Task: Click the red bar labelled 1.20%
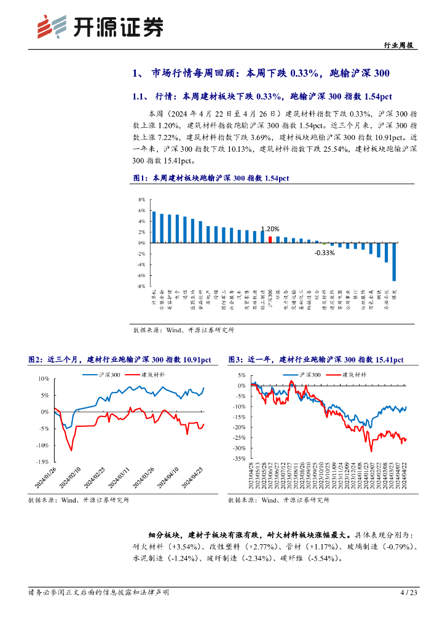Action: pyautogui.click(x=270, y=240)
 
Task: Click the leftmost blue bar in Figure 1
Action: pyautogui.click(x=154, y=227)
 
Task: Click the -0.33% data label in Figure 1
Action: pyautogui.click(x=324, y=252)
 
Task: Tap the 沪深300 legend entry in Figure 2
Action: pyautogui.click(x=101, y=374)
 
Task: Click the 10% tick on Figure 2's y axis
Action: pyautogui.click(x=43, y=378)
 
